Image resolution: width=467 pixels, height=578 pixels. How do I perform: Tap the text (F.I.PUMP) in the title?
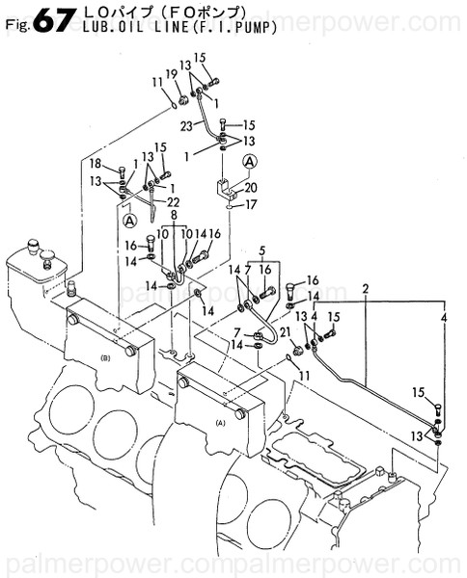pyautogui.click(x=236, y=27)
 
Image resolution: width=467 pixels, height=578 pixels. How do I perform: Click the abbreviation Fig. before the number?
pyautogui.click(x=14, y=26)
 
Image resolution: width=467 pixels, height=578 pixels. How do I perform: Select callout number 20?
pyautogui.click(x=251, y=187)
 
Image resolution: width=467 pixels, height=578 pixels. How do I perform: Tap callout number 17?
pyautogui.click(x=251, y=204)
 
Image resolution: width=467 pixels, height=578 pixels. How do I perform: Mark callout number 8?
pyautogui.click(x=175, y=216)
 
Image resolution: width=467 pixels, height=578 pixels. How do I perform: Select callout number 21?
pyautogui.click(x=284, y=332)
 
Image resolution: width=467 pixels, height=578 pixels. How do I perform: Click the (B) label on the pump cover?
pyautogui.click(x=105, y=357)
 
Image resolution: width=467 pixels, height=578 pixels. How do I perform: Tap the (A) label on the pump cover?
pyautogui.click(x=220, y=422)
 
